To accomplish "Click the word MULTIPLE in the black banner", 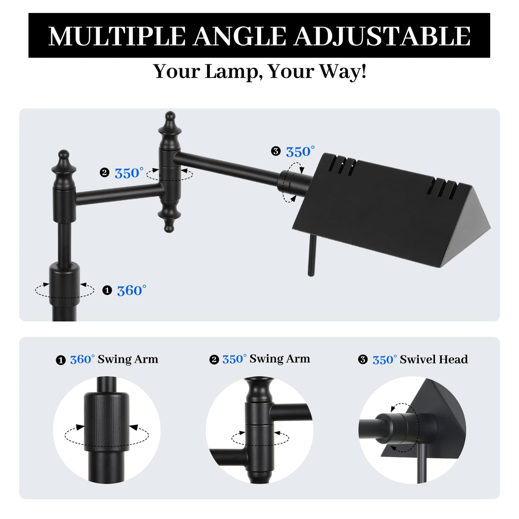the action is click(117, 36).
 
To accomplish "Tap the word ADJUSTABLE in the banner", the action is click(382, 36).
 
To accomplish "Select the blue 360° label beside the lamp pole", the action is click(131, 291).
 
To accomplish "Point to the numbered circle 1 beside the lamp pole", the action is click(107, 291).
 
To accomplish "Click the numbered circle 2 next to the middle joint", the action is click(105, 173).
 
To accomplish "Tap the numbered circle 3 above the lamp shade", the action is click(276, 151).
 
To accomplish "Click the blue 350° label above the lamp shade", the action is click(300, 152).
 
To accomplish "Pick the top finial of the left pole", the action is click(64, 168).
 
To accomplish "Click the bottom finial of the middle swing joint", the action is click(169, 218).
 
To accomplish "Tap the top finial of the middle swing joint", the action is click(170, 129).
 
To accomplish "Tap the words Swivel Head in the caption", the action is click(434, 360).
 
